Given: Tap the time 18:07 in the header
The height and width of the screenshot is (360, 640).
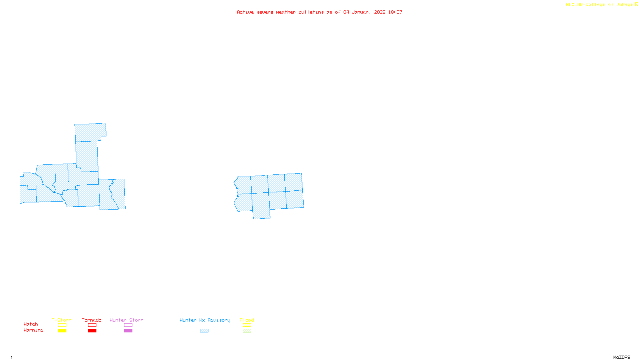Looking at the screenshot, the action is click(395, 12).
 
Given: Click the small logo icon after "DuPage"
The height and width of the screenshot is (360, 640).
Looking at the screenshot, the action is click(636, 4).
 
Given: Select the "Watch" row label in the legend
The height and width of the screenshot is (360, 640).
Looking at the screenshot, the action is click(30, 324).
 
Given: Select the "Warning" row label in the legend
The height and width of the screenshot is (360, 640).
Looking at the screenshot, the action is click(33, 330).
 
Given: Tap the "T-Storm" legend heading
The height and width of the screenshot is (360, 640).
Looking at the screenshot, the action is click(62, 320).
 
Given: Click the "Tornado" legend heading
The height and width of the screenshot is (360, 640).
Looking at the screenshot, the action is click(92, 320).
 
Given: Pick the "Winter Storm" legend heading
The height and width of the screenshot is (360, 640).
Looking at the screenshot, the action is click(126, 320).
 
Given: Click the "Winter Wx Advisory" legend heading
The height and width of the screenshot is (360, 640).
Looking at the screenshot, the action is click(205, 320).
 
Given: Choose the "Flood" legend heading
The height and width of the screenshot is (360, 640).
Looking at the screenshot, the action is click(247, 320).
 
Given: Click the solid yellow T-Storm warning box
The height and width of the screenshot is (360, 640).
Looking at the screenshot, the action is click(62, 331).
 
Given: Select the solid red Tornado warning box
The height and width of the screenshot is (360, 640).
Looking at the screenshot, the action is click(92, 331).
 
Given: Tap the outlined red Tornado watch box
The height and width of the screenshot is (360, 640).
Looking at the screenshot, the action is click(92, 325).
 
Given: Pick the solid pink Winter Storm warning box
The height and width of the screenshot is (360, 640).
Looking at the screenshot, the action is click(128, 331).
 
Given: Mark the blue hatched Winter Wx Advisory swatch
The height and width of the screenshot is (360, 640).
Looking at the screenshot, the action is click(204, 331).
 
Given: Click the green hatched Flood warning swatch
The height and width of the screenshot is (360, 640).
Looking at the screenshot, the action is click(247, 331).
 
